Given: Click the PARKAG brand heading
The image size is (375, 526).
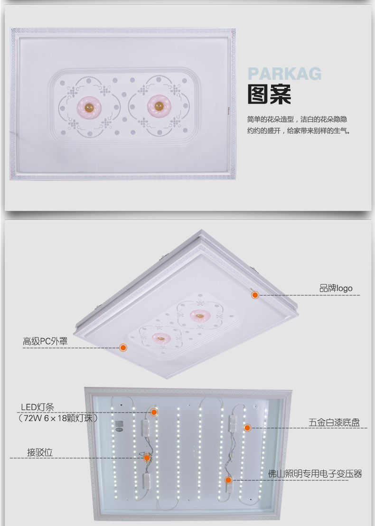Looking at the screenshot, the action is (x=284, y=74).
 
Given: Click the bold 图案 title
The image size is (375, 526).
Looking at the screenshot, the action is (x=269, y=94).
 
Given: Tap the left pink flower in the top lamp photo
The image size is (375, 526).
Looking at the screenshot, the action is (x=89, y=106).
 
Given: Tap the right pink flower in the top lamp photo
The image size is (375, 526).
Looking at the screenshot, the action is (x=159, y=105).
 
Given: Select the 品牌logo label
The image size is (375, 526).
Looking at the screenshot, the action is (x=336, y=288).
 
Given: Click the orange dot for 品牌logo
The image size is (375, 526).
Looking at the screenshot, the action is (x=255, y=295).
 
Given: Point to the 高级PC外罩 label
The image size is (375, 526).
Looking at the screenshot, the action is (x=45, y=341).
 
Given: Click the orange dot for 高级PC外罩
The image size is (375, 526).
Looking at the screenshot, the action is (x=123, y=348).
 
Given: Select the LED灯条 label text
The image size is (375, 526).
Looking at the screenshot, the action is (x=37, y=407).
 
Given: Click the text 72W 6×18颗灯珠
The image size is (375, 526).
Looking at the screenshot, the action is (x=58, y=418).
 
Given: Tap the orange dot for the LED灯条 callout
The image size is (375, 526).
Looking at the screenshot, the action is (x=154, y=412).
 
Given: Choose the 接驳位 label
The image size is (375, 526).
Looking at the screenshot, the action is (x=40, y=452).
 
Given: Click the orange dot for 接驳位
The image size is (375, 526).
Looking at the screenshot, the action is (x=147, y=458).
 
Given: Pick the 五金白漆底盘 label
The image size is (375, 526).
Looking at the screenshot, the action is (x=334, y=423).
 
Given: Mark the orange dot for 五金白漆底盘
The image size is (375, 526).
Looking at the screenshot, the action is (x=247, y=428).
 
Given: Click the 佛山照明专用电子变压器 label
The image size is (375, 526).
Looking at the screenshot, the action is (x=315, y=474).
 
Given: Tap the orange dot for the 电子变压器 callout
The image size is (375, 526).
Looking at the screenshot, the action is (x=228, y=480).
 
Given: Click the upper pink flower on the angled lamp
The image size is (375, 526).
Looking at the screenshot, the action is (x=200, y=315).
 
